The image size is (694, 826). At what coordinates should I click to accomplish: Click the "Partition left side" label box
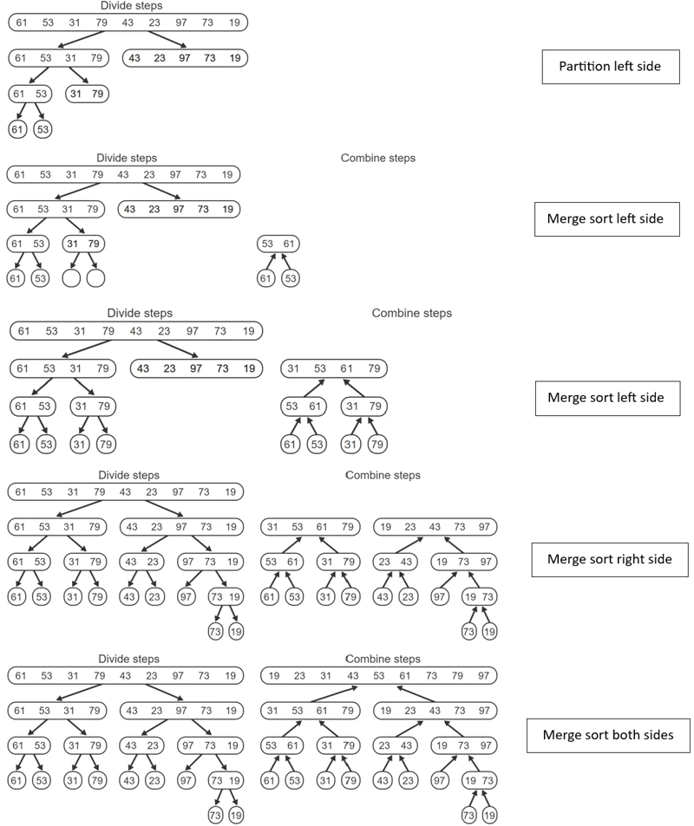(x=611, y=66)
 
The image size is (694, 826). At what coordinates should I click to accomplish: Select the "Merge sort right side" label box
(x=610, y=559)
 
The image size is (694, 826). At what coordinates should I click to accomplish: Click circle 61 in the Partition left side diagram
(x=17, y=129)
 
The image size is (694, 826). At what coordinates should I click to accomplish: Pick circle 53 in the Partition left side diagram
(x=43, y=129)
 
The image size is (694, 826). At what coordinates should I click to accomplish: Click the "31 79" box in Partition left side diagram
(x=87, y=93)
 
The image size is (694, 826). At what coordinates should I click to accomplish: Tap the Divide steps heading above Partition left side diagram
(x=131, y=6)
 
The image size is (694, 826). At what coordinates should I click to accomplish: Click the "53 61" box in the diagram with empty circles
(x=278, y=244)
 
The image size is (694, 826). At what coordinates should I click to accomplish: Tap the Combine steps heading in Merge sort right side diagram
(x=383, y=475)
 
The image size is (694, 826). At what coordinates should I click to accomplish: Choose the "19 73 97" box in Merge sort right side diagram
(x=463, y=562)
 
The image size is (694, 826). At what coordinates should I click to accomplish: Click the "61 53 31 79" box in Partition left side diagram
(x=57, y=58)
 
